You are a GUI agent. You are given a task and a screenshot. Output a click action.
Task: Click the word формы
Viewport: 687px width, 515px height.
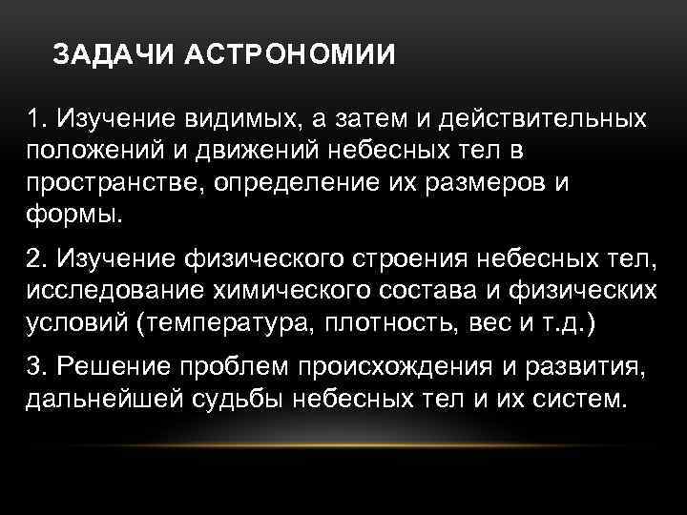[x=75, y=213]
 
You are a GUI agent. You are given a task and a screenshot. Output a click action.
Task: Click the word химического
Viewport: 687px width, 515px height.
[x=299, y=288]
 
